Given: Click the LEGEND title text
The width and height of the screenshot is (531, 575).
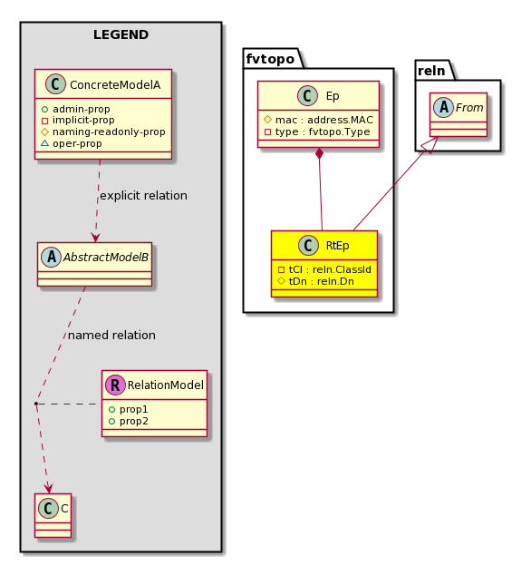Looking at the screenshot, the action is point(121,34).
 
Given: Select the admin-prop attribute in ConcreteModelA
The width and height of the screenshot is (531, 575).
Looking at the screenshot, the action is point(81,109).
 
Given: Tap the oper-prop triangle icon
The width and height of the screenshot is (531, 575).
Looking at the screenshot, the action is point(44,143).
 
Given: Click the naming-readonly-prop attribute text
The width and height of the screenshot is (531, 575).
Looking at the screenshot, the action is point(109,132).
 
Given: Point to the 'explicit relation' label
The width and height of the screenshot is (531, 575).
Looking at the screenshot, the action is point(143,196).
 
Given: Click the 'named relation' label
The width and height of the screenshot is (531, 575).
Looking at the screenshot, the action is point(111,336).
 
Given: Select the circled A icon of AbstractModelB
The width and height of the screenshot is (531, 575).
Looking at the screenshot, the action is point(52,257).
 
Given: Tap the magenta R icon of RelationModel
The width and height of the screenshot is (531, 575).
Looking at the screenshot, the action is point(115,385).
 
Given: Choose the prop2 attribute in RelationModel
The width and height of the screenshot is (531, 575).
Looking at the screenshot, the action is point(134,421).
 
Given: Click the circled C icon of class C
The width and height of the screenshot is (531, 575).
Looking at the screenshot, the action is point(48,508).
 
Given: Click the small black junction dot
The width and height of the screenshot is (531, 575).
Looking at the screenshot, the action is point(36,404).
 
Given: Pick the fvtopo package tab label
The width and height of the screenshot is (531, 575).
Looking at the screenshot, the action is point(270,59).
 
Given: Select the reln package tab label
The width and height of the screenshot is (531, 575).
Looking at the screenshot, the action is point(431,71).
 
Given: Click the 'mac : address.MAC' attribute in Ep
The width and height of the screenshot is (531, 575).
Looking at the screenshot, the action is point(324,120).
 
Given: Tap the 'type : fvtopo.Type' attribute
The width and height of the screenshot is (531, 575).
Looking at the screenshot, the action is point(323,132).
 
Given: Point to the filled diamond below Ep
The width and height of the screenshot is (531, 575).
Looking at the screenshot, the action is point(320,153).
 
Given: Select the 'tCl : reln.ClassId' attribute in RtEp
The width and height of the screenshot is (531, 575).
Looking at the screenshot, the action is point(330,269).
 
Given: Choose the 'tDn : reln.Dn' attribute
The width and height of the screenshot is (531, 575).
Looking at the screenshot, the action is point(322,281).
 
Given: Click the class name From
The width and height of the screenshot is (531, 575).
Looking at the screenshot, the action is point(469,107).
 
